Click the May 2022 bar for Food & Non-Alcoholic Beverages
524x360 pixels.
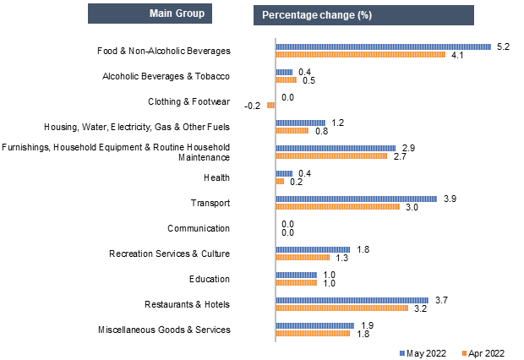(383, 46)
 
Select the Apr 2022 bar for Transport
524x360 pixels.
(338, 206)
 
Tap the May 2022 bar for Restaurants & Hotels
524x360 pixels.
(352, 300)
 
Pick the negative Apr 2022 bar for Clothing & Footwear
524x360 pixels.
(271, 105)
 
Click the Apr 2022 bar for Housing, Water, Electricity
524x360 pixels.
(292, 130)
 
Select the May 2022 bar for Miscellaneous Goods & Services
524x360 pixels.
(315, 325)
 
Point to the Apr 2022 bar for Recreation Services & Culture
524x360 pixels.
(303, 257)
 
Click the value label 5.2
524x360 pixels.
(503, 46)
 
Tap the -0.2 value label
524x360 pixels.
(252, 106)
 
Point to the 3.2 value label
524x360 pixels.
(420, 308)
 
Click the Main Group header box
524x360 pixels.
(150, 14)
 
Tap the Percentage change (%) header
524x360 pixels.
(363, 15)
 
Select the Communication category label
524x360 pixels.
(199, 228)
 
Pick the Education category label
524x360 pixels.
(210, 279)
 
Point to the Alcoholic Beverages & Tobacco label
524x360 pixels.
(166, 76)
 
